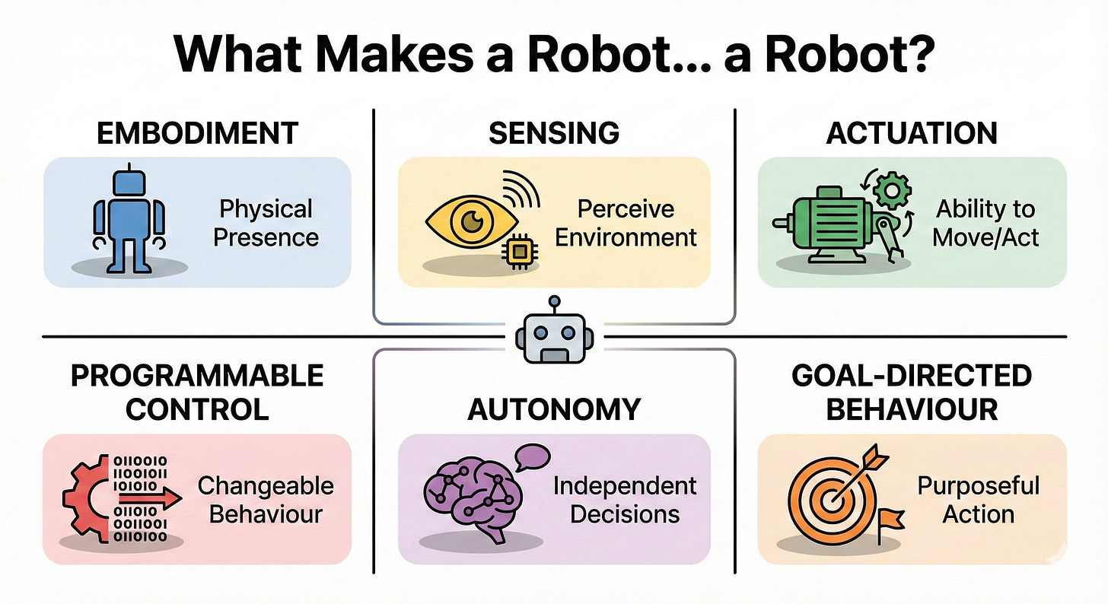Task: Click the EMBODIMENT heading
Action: [x=197, y=133]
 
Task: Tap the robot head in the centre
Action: [x=554, y=336]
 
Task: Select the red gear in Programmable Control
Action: [x=85, y=499]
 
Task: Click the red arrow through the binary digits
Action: [x=148, y=498]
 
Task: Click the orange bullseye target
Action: [x=828, y=499]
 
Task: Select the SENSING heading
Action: [x=554, y=133]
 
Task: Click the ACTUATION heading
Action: [x=912, y=133]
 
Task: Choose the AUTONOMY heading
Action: [x=554, y=409]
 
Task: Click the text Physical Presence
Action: [x=266, y=222]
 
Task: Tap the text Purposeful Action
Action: [x=978, y=499]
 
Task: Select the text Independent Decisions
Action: [x=625, y=499]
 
